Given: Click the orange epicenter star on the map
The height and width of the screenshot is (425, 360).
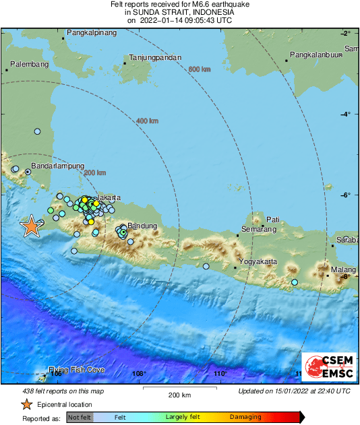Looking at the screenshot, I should click(31, 227).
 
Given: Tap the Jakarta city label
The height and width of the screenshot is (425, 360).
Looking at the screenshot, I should click(109, 197).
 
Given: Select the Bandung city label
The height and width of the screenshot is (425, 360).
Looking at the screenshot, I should click(142, 226).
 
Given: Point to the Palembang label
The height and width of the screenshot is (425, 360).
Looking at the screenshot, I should click(28, 65).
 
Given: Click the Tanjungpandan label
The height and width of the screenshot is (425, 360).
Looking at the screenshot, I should click(155, 58).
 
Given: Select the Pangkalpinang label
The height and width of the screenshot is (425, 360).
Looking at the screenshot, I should click(92, 32).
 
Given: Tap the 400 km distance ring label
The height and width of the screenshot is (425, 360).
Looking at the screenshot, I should click(147, 121).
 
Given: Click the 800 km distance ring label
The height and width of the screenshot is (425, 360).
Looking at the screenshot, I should click(200, 69).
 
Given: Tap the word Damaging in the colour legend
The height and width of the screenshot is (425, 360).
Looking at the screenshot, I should click(245, 418).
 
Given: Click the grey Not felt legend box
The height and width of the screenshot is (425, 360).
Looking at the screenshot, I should click(80, 418).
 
